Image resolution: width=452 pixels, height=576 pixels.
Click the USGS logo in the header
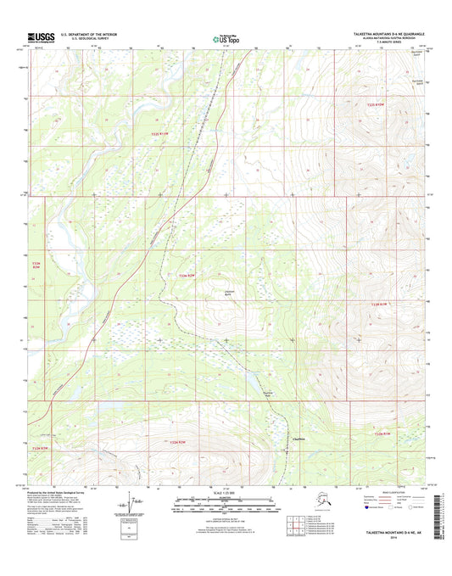click(42, 37)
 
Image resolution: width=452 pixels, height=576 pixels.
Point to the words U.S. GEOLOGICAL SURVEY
click(81, 40)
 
